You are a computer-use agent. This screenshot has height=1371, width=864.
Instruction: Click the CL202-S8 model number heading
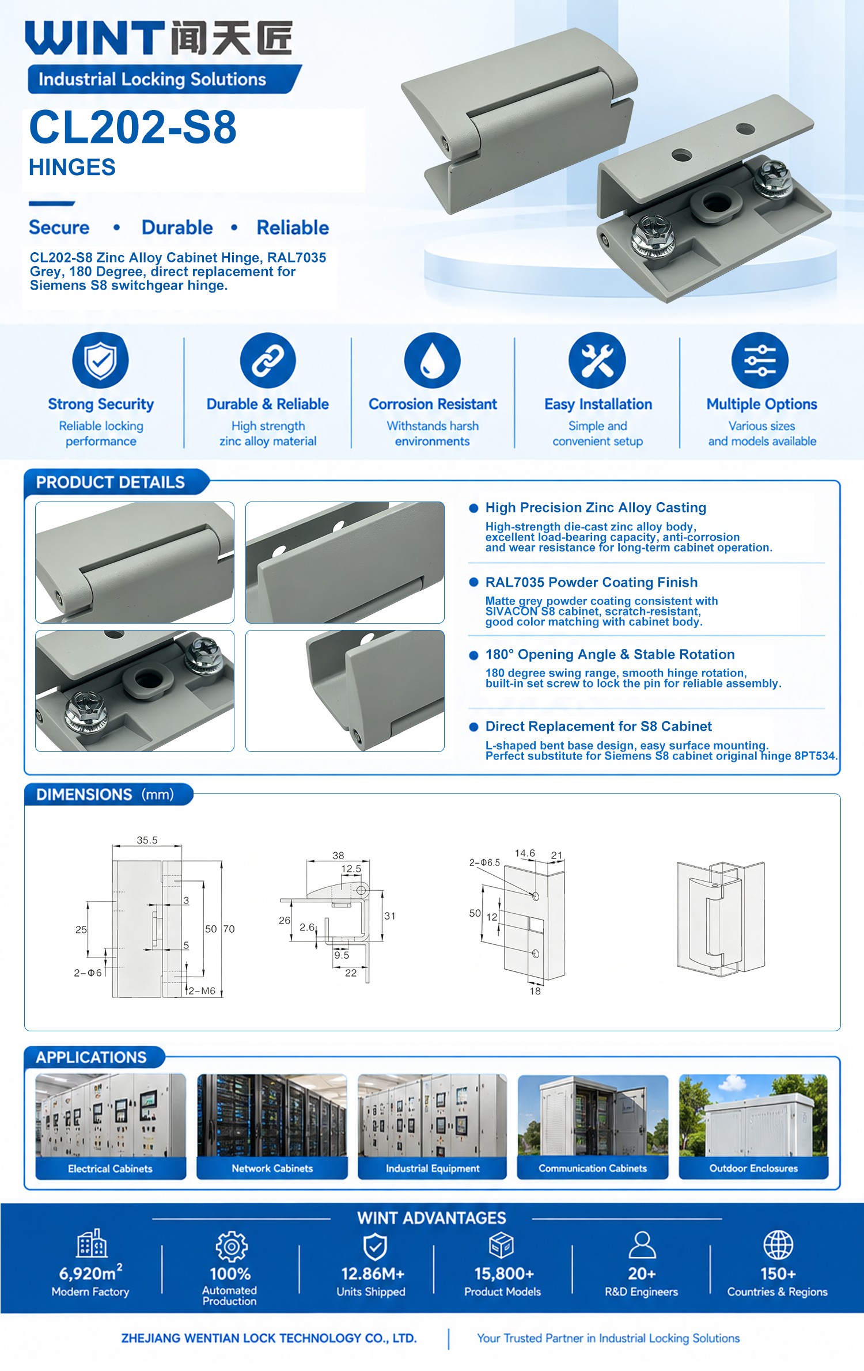(x=133, y=127)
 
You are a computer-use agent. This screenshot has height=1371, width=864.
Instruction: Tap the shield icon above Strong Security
(x=101, y=360)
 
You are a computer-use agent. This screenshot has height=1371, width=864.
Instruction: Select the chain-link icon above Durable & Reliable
(x=268, y=360)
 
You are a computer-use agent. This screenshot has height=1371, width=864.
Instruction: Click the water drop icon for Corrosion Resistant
(x=433, y=360)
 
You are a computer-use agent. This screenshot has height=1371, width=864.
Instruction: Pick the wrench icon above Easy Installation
(x=597, y=360)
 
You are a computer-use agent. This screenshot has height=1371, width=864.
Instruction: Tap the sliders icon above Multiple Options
(x=760, y=360)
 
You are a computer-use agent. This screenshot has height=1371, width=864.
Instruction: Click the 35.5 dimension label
(x=147, y=840)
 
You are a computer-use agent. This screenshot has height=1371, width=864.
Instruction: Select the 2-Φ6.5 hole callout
(x=484, y=863)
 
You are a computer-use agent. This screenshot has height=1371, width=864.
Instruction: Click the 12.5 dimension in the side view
(x=351, y=869)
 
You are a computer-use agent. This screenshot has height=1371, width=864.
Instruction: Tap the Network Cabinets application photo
(x=272, y=1116)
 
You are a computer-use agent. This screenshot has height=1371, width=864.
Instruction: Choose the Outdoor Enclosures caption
(x=753, y=1168)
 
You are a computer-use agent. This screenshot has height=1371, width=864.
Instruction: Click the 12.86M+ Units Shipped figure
(x=372, y=1282)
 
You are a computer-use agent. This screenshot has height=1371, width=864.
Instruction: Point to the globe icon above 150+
(x=778, y=1245)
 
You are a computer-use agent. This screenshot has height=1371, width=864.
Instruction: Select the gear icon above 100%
(x=232, y=1247)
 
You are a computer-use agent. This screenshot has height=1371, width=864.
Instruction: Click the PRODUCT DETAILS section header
(x=111, y=483)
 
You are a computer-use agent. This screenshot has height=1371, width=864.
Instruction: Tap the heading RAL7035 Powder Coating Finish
(x=592, y=582)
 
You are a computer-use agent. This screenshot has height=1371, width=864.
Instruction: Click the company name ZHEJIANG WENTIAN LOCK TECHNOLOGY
(x=269, y=1338)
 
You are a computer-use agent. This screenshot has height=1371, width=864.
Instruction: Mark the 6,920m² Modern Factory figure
(x=90, y=1282)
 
